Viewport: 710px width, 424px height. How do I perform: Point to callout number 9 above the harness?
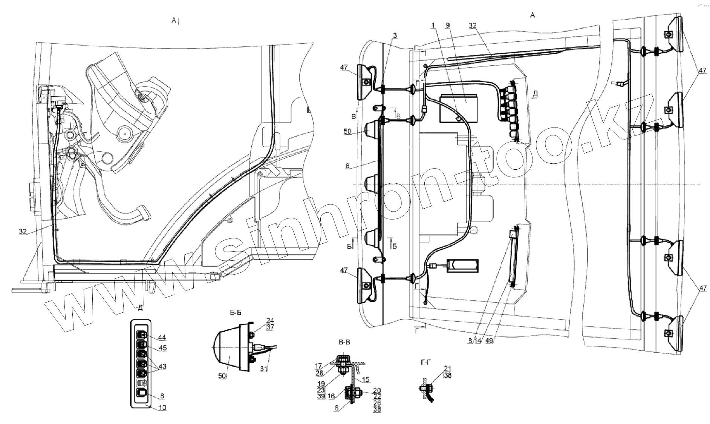447,25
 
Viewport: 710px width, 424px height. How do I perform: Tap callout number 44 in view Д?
162,337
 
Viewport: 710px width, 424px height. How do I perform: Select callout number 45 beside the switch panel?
162,348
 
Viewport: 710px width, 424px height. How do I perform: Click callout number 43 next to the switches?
162,366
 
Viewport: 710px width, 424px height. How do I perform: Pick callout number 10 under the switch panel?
162,407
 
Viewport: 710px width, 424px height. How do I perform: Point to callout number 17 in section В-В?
319,366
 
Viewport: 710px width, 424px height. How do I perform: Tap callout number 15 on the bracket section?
365,380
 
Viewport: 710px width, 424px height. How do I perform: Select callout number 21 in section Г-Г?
448,368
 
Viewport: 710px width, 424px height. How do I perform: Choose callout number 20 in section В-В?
376,390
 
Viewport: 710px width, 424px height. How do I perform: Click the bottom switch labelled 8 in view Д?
142,393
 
